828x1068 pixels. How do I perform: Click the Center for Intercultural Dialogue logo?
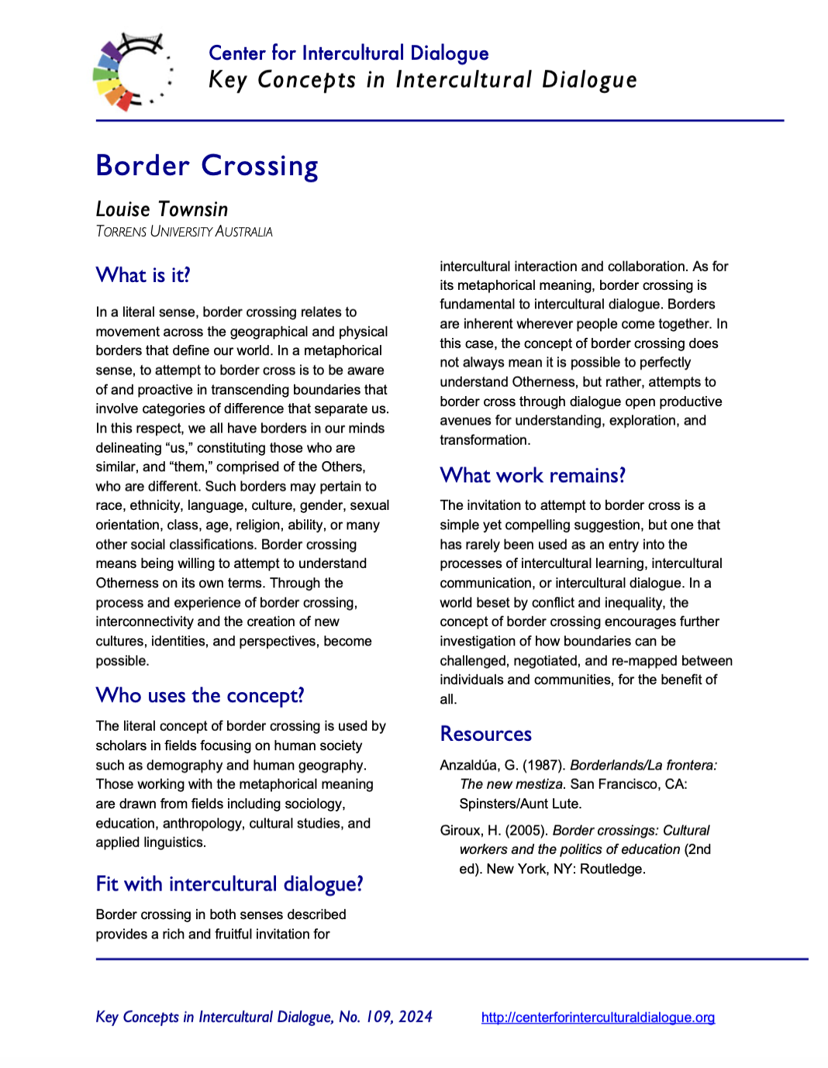[x=132, y=72]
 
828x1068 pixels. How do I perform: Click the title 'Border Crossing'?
[x=207, y=166]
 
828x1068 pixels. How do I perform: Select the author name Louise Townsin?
[x=162, y=209]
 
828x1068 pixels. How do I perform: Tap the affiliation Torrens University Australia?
[x=184, y=232]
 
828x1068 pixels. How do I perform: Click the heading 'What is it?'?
[x=143, y=275]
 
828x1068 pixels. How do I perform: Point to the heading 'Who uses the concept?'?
[x=199, y=695]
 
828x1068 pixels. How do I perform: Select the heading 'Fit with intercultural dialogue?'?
[x=229, y=884]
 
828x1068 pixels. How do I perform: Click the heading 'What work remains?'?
[x=532, y=475]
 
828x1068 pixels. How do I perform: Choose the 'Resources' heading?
[x=485, y=733]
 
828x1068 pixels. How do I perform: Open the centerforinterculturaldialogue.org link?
[x=598, y=1018]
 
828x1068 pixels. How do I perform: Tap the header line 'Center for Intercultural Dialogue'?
[x=348, y=53]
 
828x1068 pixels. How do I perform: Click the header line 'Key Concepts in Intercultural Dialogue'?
[x=423, y=80]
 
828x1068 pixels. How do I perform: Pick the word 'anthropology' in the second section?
[x=202, y=823]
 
